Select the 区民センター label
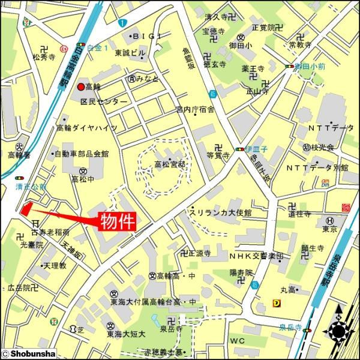[x=104, y=101]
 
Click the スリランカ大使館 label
[x=220, y=212]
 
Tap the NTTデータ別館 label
[x=317, y=167]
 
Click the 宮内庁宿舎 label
[x=194, y=109]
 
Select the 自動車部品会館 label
[x=82, y=154]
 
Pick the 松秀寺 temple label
[x=44, y=58]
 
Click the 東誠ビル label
[x=130, y=53]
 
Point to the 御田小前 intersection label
[x=312, y=67]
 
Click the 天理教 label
[x=54, y=265]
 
